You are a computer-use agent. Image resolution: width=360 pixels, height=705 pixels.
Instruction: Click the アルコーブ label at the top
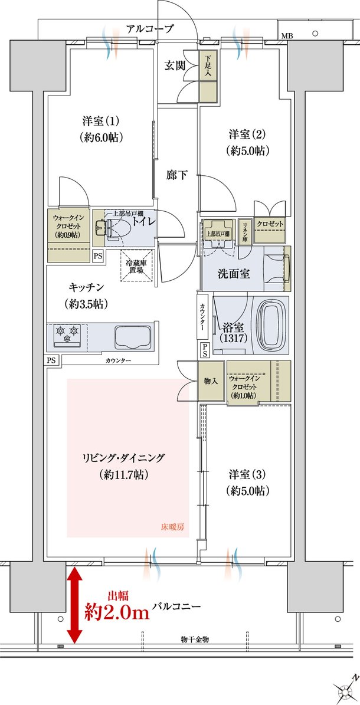click(149, 29)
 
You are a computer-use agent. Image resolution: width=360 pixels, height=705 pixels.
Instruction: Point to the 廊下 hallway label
click(176, 175)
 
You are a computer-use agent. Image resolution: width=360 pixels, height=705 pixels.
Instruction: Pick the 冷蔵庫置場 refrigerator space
click(137, 265)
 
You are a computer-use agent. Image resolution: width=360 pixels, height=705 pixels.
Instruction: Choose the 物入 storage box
click(211, 381)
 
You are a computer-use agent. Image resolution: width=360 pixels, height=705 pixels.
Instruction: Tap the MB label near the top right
click(286, 35)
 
